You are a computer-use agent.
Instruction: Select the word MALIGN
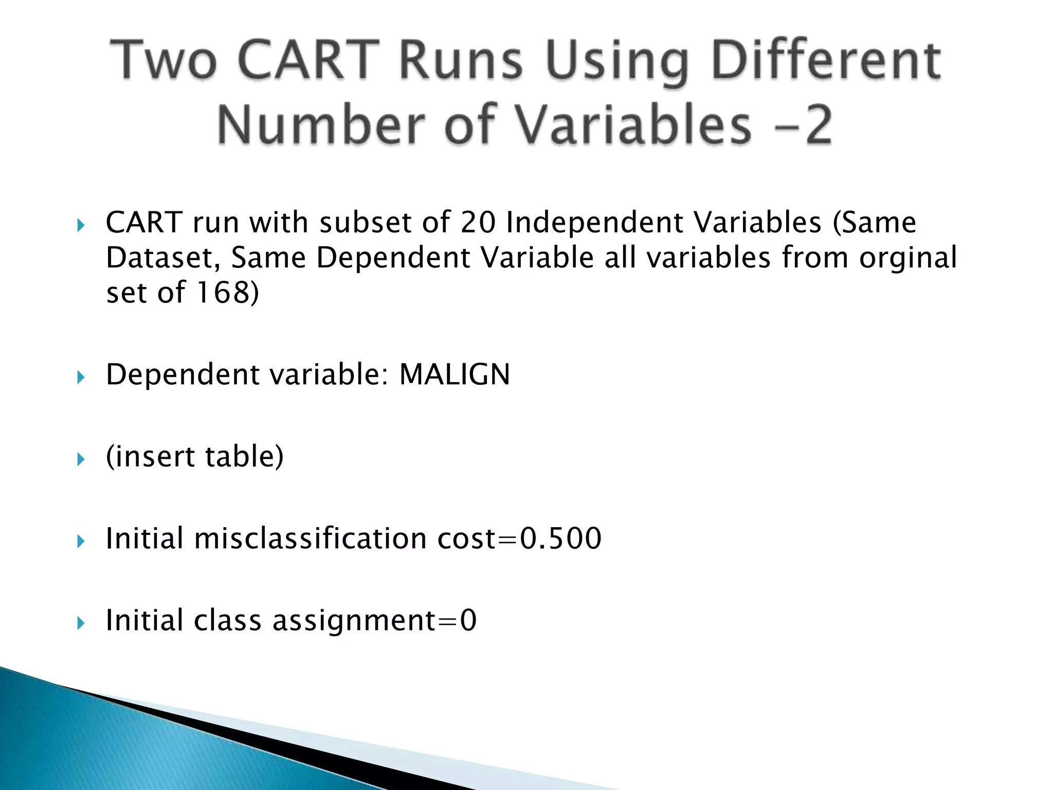point(455,374)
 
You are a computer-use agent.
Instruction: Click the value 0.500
point(560,538)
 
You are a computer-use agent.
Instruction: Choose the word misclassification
point(310,538)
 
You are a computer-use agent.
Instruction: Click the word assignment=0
point(374,620)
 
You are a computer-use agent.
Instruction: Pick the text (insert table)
point(194,457)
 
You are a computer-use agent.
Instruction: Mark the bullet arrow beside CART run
point(81,225)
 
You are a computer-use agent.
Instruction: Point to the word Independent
point(593,223)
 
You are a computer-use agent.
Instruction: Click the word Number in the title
point(321,125)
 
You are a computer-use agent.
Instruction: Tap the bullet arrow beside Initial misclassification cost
point(81,542)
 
